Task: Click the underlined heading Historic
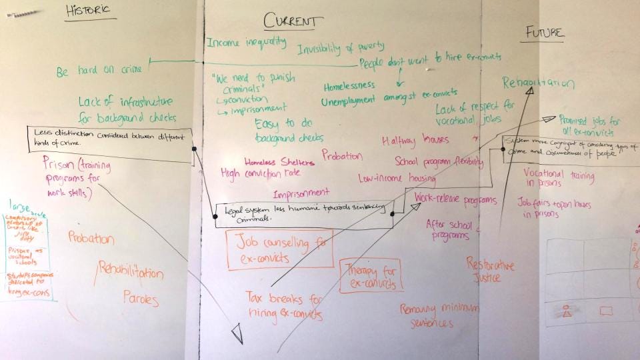click(87, 10)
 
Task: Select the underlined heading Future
click(544, 33)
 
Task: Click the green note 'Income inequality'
click(246, 43)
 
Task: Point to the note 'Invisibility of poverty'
click(341, 48)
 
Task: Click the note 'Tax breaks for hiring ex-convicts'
click(283, 305)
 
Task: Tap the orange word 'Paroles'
click(141, 297)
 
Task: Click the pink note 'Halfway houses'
click(415, 140)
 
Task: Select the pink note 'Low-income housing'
click(397, 179)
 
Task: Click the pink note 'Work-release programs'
click(455, 199)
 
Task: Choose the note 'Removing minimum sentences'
click(437, 315)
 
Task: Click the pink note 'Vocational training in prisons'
click(558, 177)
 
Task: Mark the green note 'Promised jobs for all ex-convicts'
click(589, 127)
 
